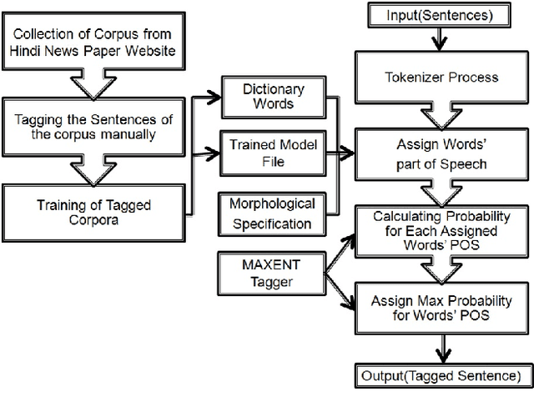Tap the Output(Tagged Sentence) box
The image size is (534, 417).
[446, 376]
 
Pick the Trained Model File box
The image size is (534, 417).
[268, 152]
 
